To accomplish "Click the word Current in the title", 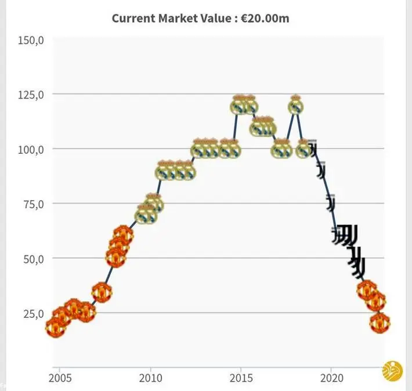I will (133, 18).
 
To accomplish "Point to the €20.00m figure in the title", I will (266, 18).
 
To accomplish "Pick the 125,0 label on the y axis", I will (32, 94).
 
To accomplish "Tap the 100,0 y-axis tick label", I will (32, 149).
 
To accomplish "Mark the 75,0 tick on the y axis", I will (34, 204).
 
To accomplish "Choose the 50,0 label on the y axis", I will (34, 258).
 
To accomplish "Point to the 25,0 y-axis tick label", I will (34, 313).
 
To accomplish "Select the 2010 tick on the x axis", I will (150, 378).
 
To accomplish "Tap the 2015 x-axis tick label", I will (241, 378).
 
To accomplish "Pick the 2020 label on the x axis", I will (331, 378).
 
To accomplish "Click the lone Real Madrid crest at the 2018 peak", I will (296, 105).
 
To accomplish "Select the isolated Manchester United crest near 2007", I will (102, 292).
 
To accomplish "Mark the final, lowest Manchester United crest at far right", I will (380, 322).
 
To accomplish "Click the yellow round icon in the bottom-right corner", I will (392, 371).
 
